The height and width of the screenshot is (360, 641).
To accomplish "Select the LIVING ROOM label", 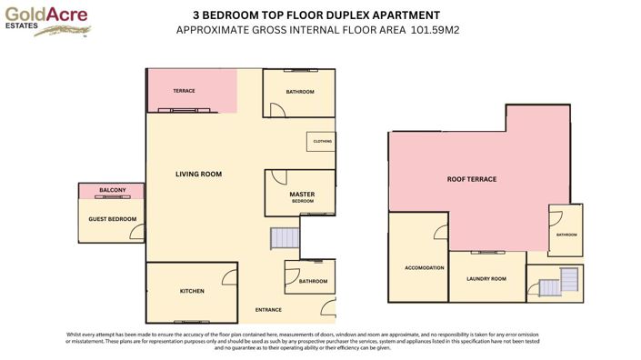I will (x=198, y=174).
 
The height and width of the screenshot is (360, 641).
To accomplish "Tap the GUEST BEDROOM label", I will (x=112, y=219).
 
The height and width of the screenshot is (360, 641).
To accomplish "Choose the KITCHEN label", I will (x=192, y=291).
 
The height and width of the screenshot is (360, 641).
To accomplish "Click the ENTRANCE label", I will (x=268, y=310).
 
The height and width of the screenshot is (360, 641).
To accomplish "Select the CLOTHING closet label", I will (x=322, y=142).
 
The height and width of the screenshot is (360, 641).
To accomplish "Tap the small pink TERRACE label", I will (x=185, y=91).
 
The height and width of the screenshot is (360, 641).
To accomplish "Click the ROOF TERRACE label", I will (x=471, y=179).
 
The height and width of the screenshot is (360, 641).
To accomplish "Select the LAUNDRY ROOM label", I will (x=485, y=278).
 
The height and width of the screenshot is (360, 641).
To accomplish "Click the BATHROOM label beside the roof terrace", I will (x=566, y=235).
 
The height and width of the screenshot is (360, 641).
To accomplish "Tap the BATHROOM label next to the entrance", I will (x=314, y=281).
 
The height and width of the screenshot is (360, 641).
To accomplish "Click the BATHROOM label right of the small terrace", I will (x=299, y=92).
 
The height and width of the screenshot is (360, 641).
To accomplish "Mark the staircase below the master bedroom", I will (x=284, y=239).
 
